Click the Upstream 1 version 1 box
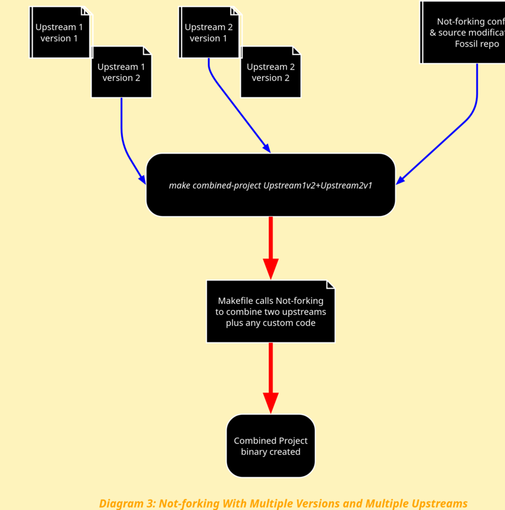pos(59,33)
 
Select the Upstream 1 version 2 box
pos(121,72)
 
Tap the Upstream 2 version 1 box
pos(208,33)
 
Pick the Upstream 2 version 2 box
pos(271,72)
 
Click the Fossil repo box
pos(464,33)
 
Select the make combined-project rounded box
pos(271,185)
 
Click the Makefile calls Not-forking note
pos(271,312)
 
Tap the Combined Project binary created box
pos(271,446)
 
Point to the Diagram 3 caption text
pos(283,503)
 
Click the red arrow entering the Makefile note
pos(271,248)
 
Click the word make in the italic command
pos(179,185)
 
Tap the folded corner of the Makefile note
pos(331,284)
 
